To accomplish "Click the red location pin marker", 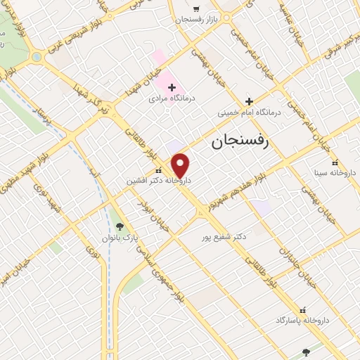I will [181, 165].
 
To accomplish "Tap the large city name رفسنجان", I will [240, 143].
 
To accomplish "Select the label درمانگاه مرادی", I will [171, 99].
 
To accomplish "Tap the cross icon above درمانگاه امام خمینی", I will [249, 101].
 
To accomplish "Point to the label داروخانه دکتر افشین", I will [158, 181].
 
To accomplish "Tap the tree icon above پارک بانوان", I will [120, 226].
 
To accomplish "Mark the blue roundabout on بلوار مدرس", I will [36, 57].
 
